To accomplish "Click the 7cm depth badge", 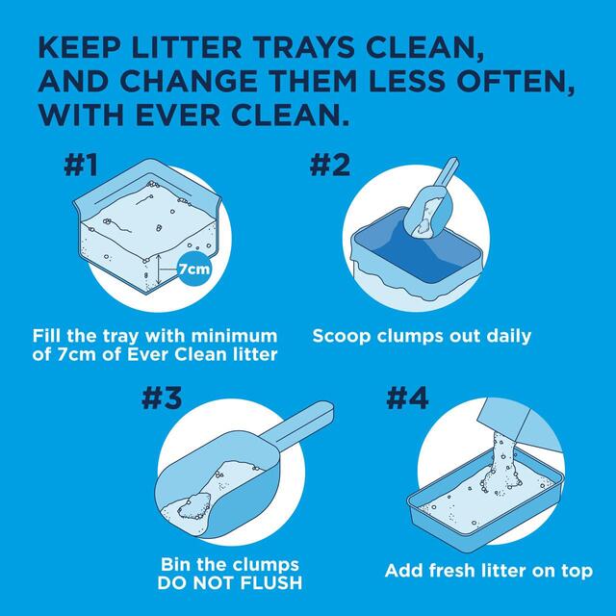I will point(193,270).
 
